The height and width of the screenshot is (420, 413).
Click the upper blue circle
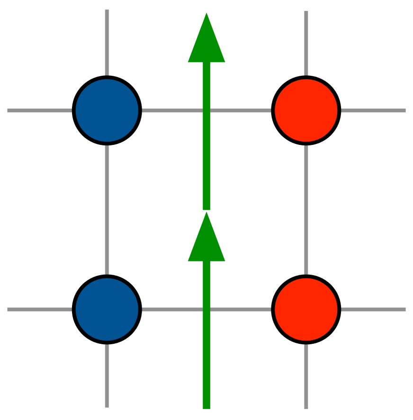pyautogui.click(x=107, y=110)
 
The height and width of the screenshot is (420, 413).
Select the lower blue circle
pyautogui.click(x=107, y=309)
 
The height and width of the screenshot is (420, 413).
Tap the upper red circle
pyautogui.click(x=306, y=110)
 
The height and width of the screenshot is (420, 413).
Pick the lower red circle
pyautogui.click(x=306, y=309)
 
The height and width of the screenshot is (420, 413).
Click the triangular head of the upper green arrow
pyautogui.click(x=206, y=43)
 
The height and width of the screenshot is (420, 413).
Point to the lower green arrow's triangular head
pyautogui.click(x=206, y=241)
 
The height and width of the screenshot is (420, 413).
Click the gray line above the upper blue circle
pyautogui.click(x=107, y=43)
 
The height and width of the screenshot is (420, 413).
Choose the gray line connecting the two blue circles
pyautogui.click(x=107, y=210)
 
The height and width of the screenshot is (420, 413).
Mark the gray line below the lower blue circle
pyautogui.click(x=107, y=376)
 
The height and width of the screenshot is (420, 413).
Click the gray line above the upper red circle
pyautogui.click(x=306, y=43)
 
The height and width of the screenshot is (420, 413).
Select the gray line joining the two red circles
pyautogui.click(x=306, y=210)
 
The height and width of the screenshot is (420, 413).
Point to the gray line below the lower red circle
pyautogui.click(x=306, y=376)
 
